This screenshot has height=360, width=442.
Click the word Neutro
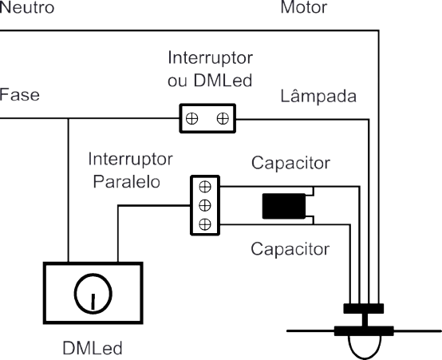tap(27, 7)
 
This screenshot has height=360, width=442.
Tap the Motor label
tap(304, 7)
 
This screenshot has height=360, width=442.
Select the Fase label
tap(19, 94)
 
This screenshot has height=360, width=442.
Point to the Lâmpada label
tap(318, 95)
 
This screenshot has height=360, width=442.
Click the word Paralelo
tap(127, 181)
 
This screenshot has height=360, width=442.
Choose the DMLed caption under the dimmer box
tap(93, 348)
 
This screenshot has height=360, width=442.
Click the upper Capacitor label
tap(290, 163)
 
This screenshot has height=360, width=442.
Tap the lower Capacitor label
tap(290, 249)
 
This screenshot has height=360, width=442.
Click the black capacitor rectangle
tap(284, 206)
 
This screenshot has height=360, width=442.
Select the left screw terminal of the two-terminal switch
tap(192, 118)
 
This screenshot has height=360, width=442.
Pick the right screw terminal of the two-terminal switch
tap(223, 118)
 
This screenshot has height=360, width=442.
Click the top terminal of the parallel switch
tap(205, 187)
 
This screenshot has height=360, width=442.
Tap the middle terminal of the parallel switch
tap(205, 205)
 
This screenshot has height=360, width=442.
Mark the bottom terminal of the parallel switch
tap(205, 224)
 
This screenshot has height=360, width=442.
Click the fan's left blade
tap(310, 331)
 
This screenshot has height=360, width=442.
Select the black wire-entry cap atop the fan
tap(364, 308)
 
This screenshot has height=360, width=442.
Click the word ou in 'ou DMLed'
tap(177, 81)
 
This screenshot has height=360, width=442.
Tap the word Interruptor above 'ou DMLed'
tap(211, 58)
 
